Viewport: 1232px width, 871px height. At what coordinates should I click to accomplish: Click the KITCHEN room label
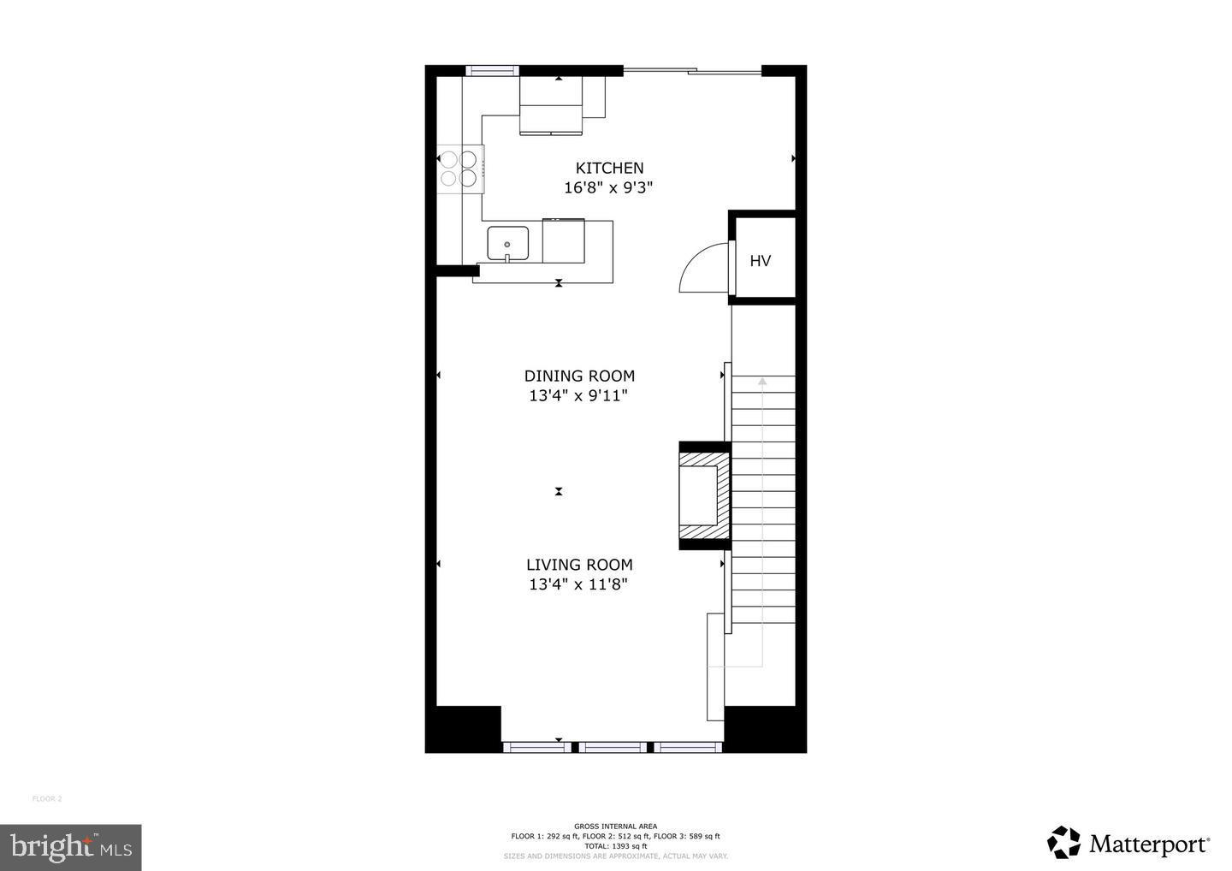(x=609, y=169)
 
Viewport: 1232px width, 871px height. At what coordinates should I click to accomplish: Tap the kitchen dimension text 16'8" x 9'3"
(x=608, y=188)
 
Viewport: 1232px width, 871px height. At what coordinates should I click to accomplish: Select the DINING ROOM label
(x=579, y=376)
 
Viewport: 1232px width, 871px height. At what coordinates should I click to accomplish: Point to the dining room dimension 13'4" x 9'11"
(x=578, y=396)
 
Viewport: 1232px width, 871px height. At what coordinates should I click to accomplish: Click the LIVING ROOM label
(x=579, y=565)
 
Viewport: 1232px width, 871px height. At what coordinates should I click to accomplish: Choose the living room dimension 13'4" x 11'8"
(x=578, y=585)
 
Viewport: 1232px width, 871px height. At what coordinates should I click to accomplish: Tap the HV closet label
(x=760, y=261)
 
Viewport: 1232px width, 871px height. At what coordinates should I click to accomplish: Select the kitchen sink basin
(x=507, y=244)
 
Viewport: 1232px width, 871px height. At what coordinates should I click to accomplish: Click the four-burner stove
(x=459, y=168)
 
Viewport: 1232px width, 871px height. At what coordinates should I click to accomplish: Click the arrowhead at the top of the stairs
(x=762, y=382)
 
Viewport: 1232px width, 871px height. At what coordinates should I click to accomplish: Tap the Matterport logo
(x=1128, y=844)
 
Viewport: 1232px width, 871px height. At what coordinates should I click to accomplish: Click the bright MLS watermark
(x=71, y=847)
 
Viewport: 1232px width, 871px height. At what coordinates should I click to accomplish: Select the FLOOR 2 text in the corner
(x=47, y=799)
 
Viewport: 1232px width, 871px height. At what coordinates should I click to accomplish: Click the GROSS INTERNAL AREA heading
(x=615, y=827)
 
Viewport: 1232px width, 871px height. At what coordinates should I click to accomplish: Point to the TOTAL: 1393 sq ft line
(x=615, y=845)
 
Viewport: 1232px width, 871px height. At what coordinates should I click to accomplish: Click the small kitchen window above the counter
(x=492, y=71)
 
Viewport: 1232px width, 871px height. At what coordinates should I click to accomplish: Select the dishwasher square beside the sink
(x=564, y=242)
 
